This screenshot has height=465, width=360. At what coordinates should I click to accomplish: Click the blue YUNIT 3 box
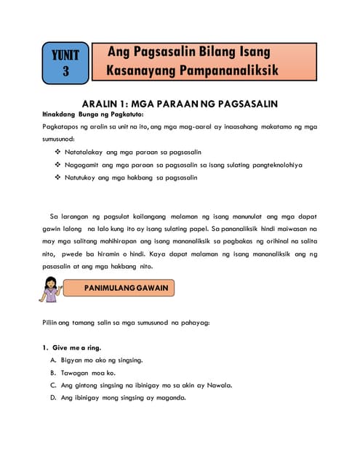66,62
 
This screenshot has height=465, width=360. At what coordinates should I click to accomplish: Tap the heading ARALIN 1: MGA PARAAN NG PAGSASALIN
181,103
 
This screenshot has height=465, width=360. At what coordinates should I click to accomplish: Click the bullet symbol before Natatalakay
57,152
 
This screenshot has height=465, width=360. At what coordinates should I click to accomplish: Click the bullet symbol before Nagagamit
57,165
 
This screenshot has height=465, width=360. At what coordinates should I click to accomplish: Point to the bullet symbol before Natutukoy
57,178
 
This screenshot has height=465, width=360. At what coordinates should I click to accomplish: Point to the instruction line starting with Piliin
126,322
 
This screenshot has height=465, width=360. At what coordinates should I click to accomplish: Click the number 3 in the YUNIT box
66,71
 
